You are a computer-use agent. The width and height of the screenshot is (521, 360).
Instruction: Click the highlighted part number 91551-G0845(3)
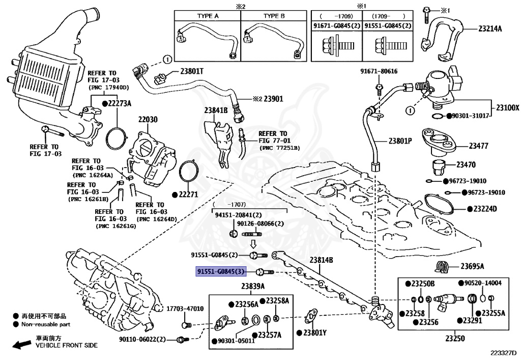[224, 272]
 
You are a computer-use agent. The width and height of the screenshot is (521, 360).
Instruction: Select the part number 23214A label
[489, 29]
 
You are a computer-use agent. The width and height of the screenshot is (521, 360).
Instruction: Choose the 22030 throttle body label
[148, 120]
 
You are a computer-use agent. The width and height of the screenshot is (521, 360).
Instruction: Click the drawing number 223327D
[503, 352]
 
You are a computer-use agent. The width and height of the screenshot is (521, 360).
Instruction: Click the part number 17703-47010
[185, 309]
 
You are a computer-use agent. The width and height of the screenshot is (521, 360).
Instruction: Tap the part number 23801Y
[314, 333]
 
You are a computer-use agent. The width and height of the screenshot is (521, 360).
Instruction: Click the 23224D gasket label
[485, 209]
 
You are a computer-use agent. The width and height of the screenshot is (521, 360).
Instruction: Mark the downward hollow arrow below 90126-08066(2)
[253, 244]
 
